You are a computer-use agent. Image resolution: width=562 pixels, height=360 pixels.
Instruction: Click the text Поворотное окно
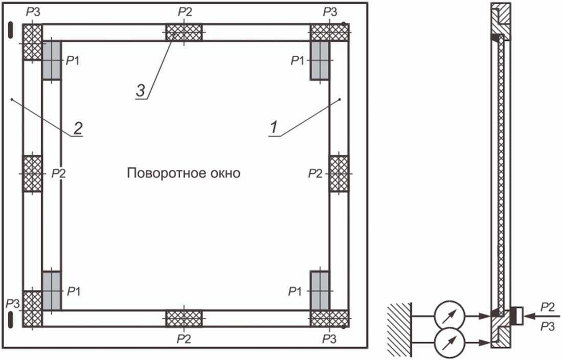pyautogui.click(x=184, y=173)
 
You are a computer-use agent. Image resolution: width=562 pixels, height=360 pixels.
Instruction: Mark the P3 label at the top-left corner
pyautogui.click(x=32, y=11)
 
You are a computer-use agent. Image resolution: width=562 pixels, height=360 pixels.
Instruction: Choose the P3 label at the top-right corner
pyautogui.click(x=330, y=11)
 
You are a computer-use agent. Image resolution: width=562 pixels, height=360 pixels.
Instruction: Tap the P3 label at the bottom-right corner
pyautogui.click(x=330, y=339)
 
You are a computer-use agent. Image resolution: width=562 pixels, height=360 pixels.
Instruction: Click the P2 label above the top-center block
pyautogui.click(x=184, y=11)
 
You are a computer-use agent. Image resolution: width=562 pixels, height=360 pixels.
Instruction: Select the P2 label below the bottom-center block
pyautogui.click(x=184, y=339)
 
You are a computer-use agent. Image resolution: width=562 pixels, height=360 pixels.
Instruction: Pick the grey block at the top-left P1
pyautogui.click(x=51, y=60)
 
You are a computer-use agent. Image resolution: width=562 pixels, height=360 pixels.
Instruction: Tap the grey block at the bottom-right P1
pyautogui.click(x=320, y=290)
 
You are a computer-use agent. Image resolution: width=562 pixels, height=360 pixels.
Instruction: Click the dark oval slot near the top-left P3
pyautogui.click(x=10, y=29)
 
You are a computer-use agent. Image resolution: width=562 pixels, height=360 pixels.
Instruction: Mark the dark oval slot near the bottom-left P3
pyautogui.click(x=10, y=320)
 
